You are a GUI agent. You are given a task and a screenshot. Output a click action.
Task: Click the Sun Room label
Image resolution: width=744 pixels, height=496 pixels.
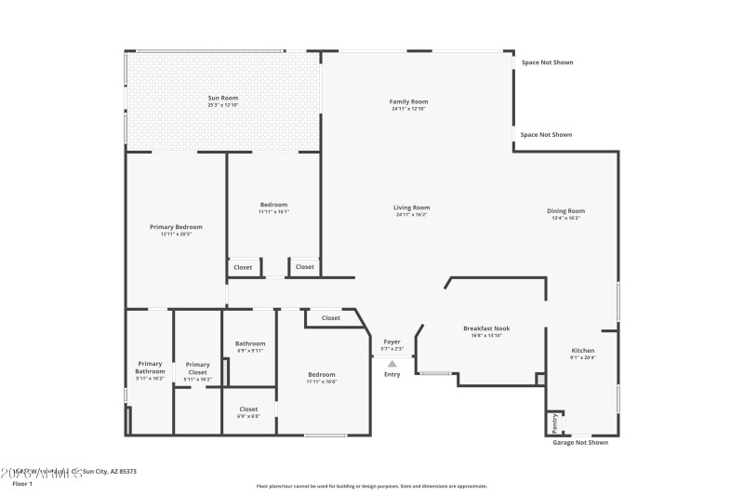pyautogui.click(x=223, y=98)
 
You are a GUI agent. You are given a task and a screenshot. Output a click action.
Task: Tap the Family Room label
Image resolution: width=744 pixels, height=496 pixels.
pyautogui.click(x=408, y=101)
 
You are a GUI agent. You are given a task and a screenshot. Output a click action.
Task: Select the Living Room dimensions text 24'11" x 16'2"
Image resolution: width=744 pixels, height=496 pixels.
pyautogui.click(x=411, y=215)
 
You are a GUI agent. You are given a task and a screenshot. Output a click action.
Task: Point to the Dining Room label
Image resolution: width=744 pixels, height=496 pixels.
pyautogui.click(x=565, y=211)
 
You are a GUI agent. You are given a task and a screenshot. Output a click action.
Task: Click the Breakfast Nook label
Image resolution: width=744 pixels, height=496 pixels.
pyautogui.click(x=486, y=328)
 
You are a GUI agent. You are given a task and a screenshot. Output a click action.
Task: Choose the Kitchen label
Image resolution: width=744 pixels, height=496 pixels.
pyautogui.click(x=582, y=351)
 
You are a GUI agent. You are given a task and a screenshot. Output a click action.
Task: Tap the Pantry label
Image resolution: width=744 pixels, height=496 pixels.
pyautogui.click(x=555, y=422)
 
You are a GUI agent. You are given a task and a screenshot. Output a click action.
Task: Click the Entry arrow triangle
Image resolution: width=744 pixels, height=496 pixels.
pyautogui.click(x=392, y=364)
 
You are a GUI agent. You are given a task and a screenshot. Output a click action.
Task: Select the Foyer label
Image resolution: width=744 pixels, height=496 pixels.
pyautogui.click(x=392, y=342)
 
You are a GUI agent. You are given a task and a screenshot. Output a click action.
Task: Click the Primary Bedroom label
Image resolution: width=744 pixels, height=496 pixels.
pyautogui.click(x=176, y=227)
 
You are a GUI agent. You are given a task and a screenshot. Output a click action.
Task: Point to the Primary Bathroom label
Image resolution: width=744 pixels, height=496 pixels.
pyautogui.click(x=151, y=368)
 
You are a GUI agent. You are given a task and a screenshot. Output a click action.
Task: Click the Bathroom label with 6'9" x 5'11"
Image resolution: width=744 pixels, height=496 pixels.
pyautogui.click(x=250, y=343)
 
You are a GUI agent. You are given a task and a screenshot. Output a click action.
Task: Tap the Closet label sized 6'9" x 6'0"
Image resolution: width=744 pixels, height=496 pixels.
pyautogui.click(x=248, y=409)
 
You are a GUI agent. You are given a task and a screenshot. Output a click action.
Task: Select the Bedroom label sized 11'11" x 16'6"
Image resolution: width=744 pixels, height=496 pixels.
pyautogui.click(x=322, y=375)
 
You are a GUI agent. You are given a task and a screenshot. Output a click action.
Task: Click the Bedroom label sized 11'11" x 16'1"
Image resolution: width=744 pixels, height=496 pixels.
pyautogui.click(x=273, y=205)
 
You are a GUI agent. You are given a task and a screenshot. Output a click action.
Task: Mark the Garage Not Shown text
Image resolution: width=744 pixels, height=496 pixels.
pyautogui.click(x=580, y=443)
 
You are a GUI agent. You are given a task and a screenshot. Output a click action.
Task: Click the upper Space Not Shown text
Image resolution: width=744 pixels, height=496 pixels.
pyautogui.click(x=546, y=62)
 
